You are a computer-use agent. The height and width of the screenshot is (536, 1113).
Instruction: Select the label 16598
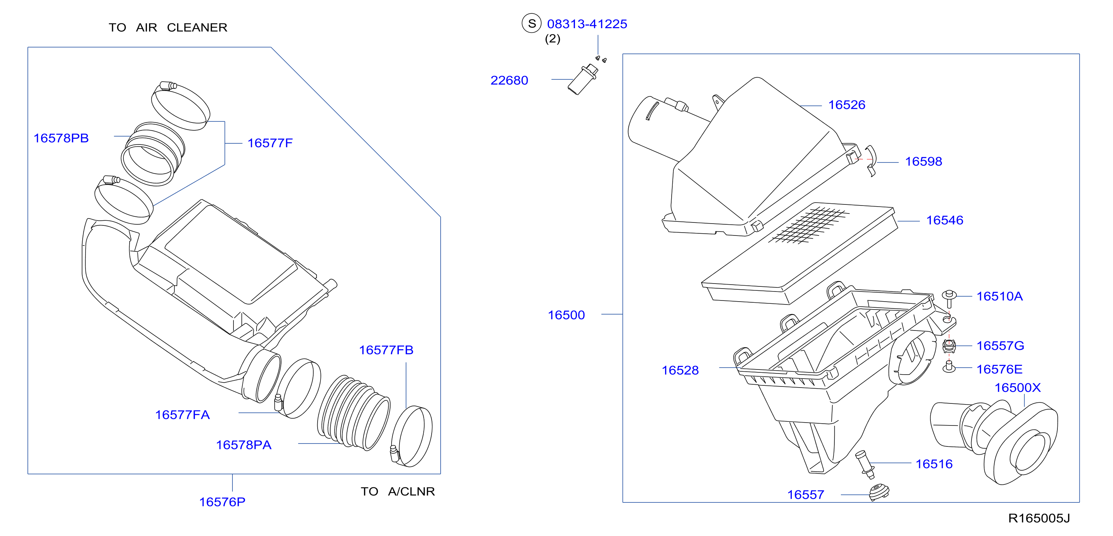(923, 162)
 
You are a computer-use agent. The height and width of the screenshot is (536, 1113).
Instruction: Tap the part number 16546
(944, 220)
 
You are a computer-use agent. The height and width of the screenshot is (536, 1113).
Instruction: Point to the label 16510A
(999, 297)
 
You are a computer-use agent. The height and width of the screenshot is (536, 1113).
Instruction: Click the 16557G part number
(1000, 346)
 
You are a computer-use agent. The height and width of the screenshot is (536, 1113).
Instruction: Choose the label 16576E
(999, 369)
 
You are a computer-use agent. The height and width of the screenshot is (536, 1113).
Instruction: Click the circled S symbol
(532, 23)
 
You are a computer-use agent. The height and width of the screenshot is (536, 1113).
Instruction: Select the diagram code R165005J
(1039, 518)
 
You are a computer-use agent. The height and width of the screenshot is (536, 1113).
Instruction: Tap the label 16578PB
(61, 138)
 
